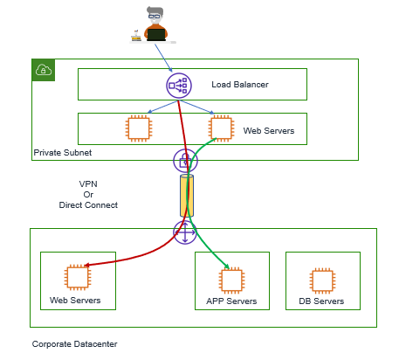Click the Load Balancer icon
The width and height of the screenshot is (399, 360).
point(179,86)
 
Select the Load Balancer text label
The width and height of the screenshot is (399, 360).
point(240,85)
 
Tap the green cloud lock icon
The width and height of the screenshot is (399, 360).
point(44,70)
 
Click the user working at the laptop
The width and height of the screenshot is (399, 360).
point(154,25)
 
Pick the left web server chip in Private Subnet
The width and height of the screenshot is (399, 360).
point(139,128)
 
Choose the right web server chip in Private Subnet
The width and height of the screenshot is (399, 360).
point(222,128)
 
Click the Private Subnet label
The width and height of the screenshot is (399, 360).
point(63,153)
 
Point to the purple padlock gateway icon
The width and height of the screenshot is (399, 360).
point(185,161)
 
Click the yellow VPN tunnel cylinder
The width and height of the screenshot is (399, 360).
point(187,196)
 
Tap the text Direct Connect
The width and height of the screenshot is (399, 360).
point(88,205)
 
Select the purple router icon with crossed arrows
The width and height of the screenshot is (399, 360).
point(185,232)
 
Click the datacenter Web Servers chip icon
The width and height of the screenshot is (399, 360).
point(78,278)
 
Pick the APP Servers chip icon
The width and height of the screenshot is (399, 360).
point(231,280)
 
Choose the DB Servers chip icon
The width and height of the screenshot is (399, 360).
point(322,280)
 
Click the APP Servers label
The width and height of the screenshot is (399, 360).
point(231,301)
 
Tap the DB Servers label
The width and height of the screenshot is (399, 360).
point(321,301)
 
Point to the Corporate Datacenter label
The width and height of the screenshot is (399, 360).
point(74,344)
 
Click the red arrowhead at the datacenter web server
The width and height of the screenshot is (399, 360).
point(86,266)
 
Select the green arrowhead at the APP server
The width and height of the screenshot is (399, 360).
point(227,267)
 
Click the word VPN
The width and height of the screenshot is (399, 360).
point(88,184)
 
